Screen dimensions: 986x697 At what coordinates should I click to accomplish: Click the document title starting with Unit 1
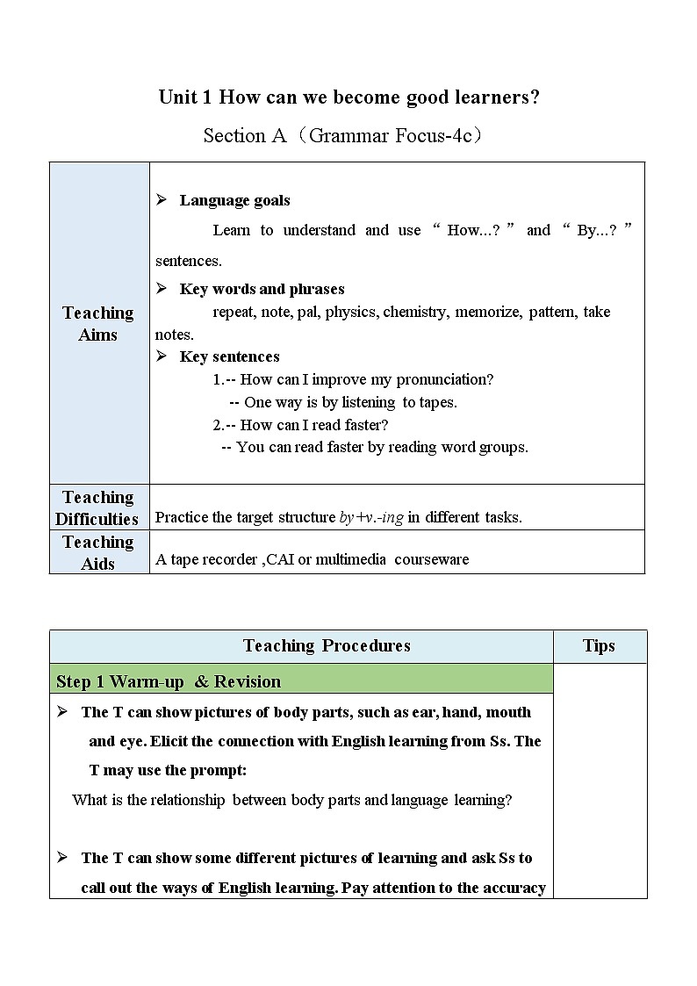point(348,97)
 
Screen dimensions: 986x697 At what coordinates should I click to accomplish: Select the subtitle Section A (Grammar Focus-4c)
point(343,135)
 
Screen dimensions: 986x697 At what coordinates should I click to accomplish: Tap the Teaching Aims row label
point(98,323)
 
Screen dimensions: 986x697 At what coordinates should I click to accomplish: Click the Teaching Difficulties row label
point(97,508)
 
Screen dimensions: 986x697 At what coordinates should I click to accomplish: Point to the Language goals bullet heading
point(234,200)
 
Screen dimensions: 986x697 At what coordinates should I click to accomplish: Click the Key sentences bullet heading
point(229,356)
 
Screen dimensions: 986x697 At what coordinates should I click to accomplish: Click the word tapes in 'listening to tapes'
point(439,402)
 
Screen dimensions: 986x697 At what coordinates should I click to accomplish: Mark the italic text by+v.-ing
point(371,517)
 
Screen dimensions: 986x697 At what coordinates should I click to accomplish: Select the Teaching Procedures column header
point(327,646)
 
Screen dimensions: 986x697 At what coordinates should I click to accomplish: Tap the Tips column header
point(599,646)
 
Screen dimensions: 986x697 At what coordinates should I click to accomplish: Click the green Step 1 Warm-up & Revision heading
point(169,681)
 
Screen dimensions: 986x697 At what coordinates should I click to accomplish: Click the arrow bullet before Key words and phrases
point(162,288)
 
